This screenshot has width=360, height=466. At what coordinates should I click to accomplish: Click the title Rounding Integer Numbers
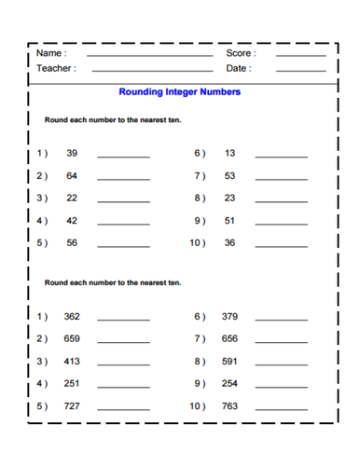(180, 92)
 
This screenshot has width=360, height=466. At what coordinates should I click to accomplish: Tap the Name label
(50, 53)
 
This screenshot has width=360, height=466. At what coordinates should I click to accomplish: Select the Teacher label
(56, 68)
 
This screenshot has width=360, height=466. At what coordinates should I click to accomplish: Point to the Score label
(240, 53)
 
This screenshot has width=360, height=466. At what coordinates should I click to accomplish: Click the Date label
(238, 68)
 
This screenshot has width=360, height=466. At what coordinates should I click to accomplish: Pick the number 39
(72, 152)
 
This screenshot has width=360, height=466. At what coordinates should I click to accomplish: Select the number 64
(72, 175)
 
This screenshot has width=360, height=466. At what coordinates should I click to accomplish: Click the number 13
(230, 152)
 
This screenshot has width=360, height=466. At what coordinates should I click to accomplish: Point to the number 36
(230, 242)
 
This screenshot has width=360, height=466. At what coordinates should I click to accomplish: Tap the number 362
(72, 316)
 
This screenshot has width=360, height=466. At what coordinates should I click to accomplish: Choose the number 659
(72, 338)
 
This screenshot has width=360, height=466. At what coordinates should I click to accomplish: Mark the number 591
(230, 361)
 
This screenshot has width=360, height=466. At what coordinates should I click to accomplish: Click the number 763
(230, 405)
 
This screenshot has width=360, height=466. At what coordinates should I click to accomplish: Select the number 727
(72, 405)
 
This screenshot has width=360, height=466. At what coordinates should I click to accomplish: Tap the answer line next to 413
(123, 365)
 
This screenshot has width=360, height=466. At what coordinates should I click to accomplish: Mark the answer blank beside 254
(281, 388)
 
